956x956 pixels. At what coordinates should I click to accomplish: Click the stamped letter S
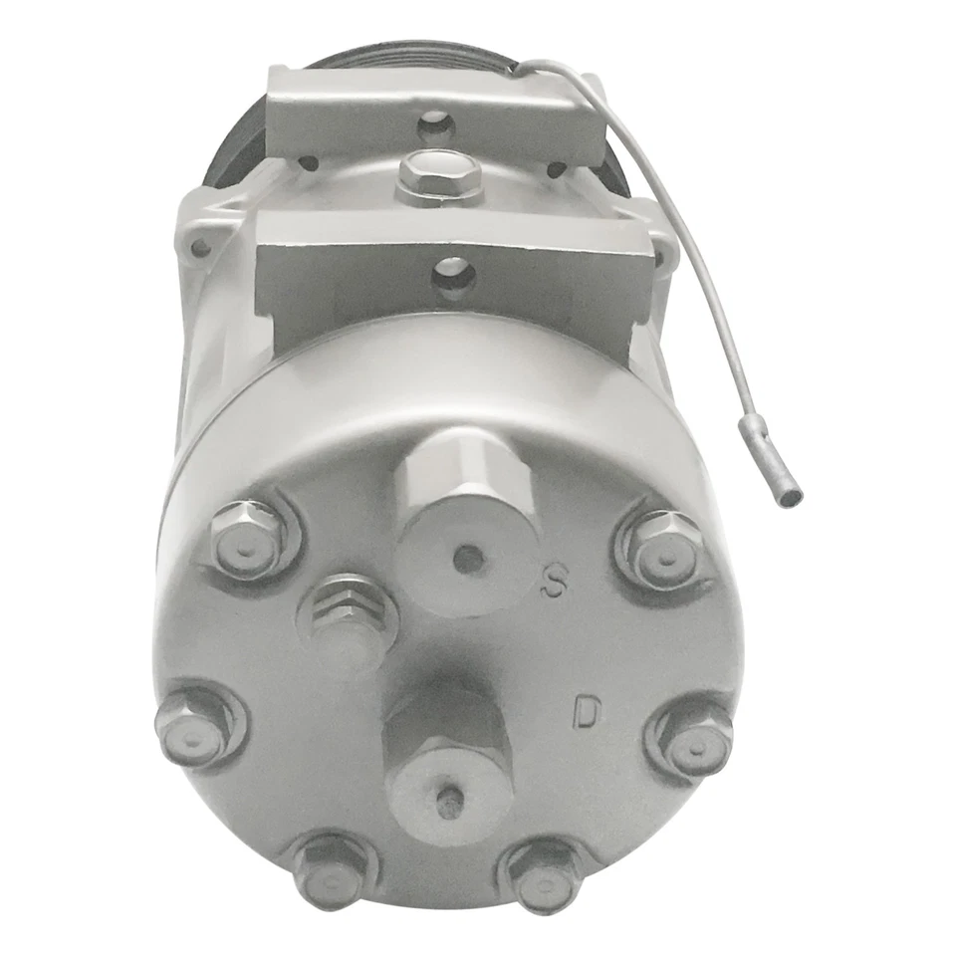pos(555,583)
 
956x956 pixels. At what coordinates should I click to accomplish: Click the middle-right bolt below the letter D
pos(689,736)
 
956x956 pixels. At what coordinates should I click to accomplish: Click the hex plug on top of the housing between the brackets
pos(437,178)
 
